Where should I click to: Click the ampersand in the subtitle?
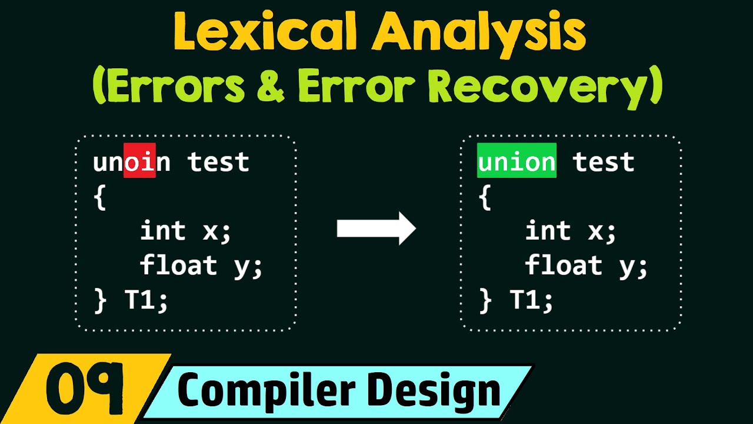tap(271, 88)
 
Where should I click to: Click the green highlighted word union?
tap(516, 161)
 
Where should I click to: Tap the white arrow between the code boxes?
tap(376, 228)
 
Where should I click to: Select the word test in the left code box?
tap(218, 161)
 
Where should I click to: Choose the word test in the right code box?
tap(604, 161)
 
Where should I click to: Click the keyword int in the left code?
tap(163, 230)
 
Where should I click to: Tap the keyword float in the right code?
tap(564, 265)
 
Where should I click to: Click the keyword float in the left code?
tap(178, 265)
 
